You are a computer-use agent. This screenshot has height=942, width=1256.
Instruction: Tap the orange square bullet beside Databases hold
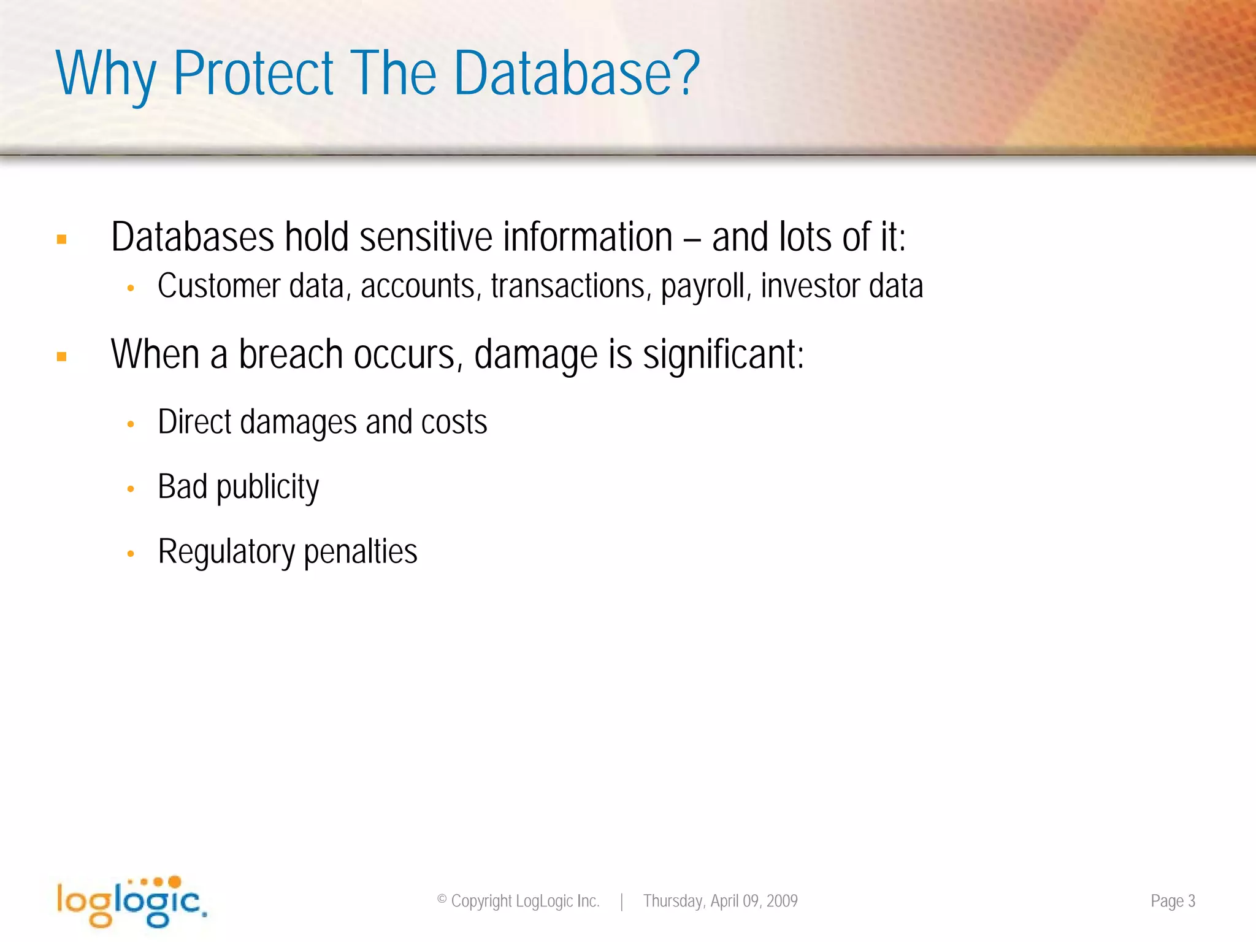pyautogui.click(x=61, y=239)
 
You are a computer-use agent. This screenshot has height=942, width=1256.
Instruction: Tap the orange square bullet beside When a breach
pyautogui.click(x=61, y=356)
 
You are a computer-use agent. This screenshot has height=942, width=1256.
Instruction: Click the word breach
pyautogui.click(x=290, y=354)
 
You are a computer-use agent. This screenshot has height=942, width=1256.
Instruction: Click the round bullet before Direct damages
pyautogui.click(x=131, y=424)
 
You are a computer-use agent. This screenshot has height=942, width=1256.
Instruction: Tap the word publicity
pyautogui.click(x=267, y=488)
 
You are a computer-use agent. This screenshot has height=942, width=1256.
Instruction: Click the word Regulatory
pyautogui.click(x=226, y=552)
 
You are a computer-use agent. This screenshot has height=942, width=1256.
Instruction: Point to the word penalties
pyautogui.click(x=361, y=552)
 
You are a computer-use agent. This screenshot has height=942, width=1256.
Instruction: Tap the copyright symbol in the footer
pyautogui.click(x=442, y=900)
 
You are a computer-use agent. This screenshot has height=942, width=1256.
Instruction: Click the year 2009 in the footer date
pyautogui.click(x=782, y=901)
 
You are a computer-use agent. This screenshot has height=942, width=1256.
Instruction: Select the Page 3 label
pyautogui.click(x=1173, y=901)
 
